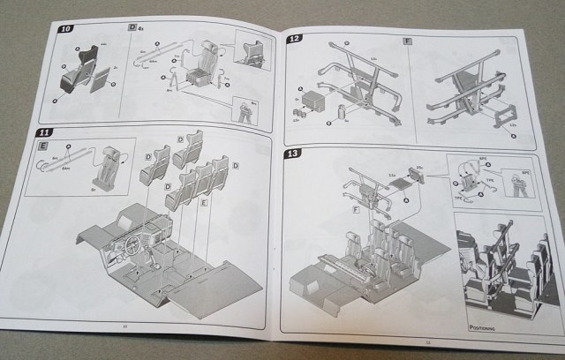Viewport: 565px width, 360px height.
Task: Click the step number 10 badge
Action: tap(66, 29)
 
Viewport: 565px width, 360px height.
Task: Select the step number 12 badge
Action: tap(296, 39)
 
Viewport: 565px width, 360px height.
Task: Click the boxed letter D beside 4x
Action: tap(132, 29)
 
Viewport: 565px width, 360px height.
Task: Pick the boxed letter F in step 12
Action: tap(407, 41)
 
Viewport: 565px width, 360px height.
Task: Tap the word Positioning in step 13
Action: tap(481, 326)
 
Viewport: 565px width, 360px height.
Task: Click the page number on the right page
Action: tap(427, 342)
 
